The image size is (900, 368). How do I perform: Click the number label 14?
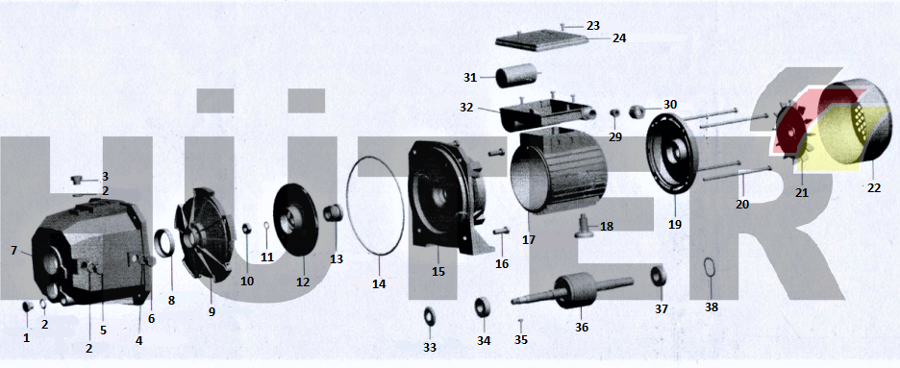tap(379, 283)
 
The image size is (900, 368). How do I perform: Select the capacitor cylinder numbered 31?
tap(517, 77)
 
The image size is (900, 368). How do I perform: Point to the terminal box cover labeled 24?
tap(541, 40)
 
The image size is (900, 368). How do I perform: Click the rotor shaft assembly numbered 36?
tap(574, 289)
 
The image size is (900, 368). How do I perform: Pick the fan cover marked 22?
tap(855, 121)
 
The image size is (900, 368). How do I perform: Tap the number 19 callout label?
tap(675, 225)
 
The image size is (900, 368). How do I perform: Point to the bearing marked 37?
tap(659, 276)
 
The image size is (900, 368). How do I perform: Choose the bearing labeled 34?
tap(482, 307)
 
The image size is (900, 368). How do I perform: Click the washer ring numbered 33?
tap(429, 316)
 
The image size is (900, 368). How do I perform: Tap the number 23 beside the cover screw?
tap(593, 26)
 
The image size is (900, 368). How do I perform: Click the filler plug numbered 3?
tap(76, 181)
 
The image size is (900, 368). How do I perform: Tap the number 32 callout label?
tap(466, 108)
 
